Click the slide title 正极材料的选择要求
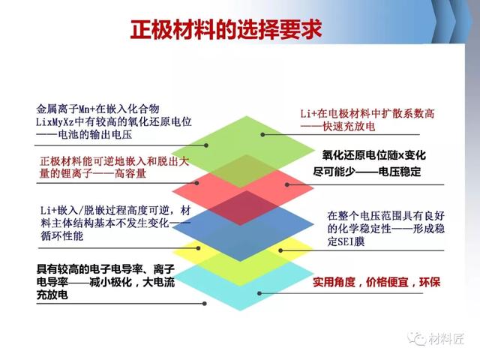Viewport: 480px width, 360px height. click(226, 30)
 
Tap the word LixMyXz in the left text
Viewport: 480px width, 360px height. click(55, 121)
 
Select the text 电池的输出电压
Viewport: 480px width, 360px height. click(95, 135)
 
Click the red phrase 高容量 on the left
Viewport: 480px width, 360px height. click(130, 173)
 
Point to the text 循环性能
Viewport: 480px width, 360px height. click(62, 235)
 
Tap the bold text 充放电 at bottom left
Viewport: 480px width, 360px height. click(52, 295)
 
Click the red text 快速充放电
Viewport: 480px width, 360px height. click(349, 127)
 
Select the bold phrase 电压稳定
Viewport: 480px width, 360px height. click(400, 172)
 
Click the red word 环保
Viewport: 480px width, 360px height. click(430, 282)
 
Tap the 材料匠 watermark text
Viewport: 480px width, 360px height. click(446, 338)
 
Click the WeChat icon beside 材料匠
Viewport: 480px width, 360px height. click(417, 338)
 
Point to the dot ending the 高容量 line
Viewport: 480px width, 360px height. click(196, 183)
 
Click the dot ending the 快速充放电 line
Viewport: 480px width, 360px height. click(262, 134)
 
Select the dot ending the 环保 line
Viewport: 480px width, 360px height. click(259, 293)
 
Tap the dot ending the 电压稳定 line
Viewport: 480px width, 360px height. click(286, 184)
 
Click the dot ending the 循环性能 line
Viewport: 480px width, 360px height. click(198, 248)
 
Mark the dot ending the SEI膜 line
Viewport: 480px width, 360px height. click(280, 250)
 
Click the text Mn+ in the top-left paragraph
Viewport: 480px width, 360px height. click(87, 109)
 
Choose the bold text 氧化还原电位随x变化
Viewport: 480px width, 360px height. click(373, 155)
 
